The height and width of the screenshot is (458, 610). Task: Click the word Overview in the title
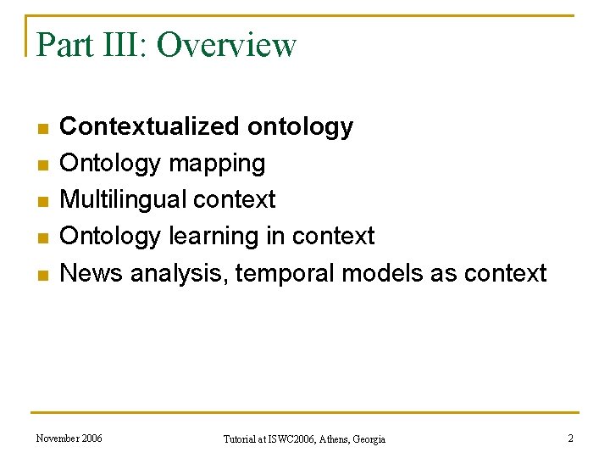pyautogui.click(x=226, y=45)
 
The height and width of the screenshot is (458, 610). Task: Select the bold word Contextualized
pyautogui.click(x=151, y=126)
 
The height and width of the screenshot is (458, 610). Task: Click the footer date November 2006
pyautogui.click(x=69, y=438)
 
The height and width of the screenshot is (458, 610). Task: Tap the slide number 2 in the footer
pyautogui.click(x=570, y=438)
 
